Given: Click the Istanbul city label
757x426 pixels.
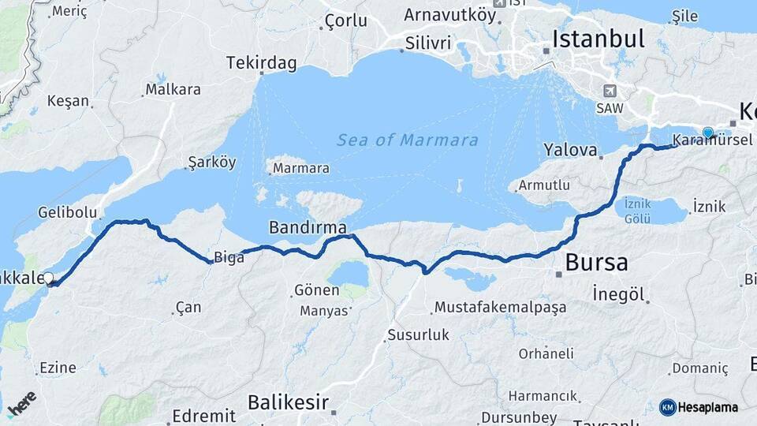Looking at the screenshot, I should tap(598, 39).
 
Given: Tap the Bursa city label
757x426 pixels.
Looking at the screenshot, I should tap(597, 261).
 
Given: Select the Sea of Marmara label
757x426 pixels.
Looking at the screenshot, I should tap(407, 140).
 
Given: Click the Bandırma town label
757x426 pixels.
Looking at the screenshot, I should tap(308, 228).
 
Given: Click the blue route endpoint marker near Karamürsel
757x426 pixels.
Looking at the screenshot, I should tap(708, 133).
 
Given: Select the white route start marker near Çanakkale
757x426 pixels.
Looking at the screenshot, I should tap(49, 278).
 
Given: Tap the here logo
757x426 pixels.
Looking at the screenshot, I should tap(21, 403).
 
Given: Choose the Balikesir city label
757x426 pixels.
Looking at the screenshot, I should tap(288, 402).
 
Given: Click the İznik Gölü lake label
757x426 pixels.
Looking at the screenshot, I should tap(637, 209).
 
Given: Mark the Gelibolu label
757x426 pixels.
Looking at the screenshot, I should tap(67, 212).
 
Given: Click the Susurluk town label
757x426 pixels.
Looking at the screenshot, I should tap(418, 335).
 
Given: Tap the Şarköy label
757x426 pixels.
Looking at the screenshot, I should tap(211, 163).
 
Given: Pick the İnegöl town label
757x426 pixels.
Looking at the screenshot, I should tap(619, 295).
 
